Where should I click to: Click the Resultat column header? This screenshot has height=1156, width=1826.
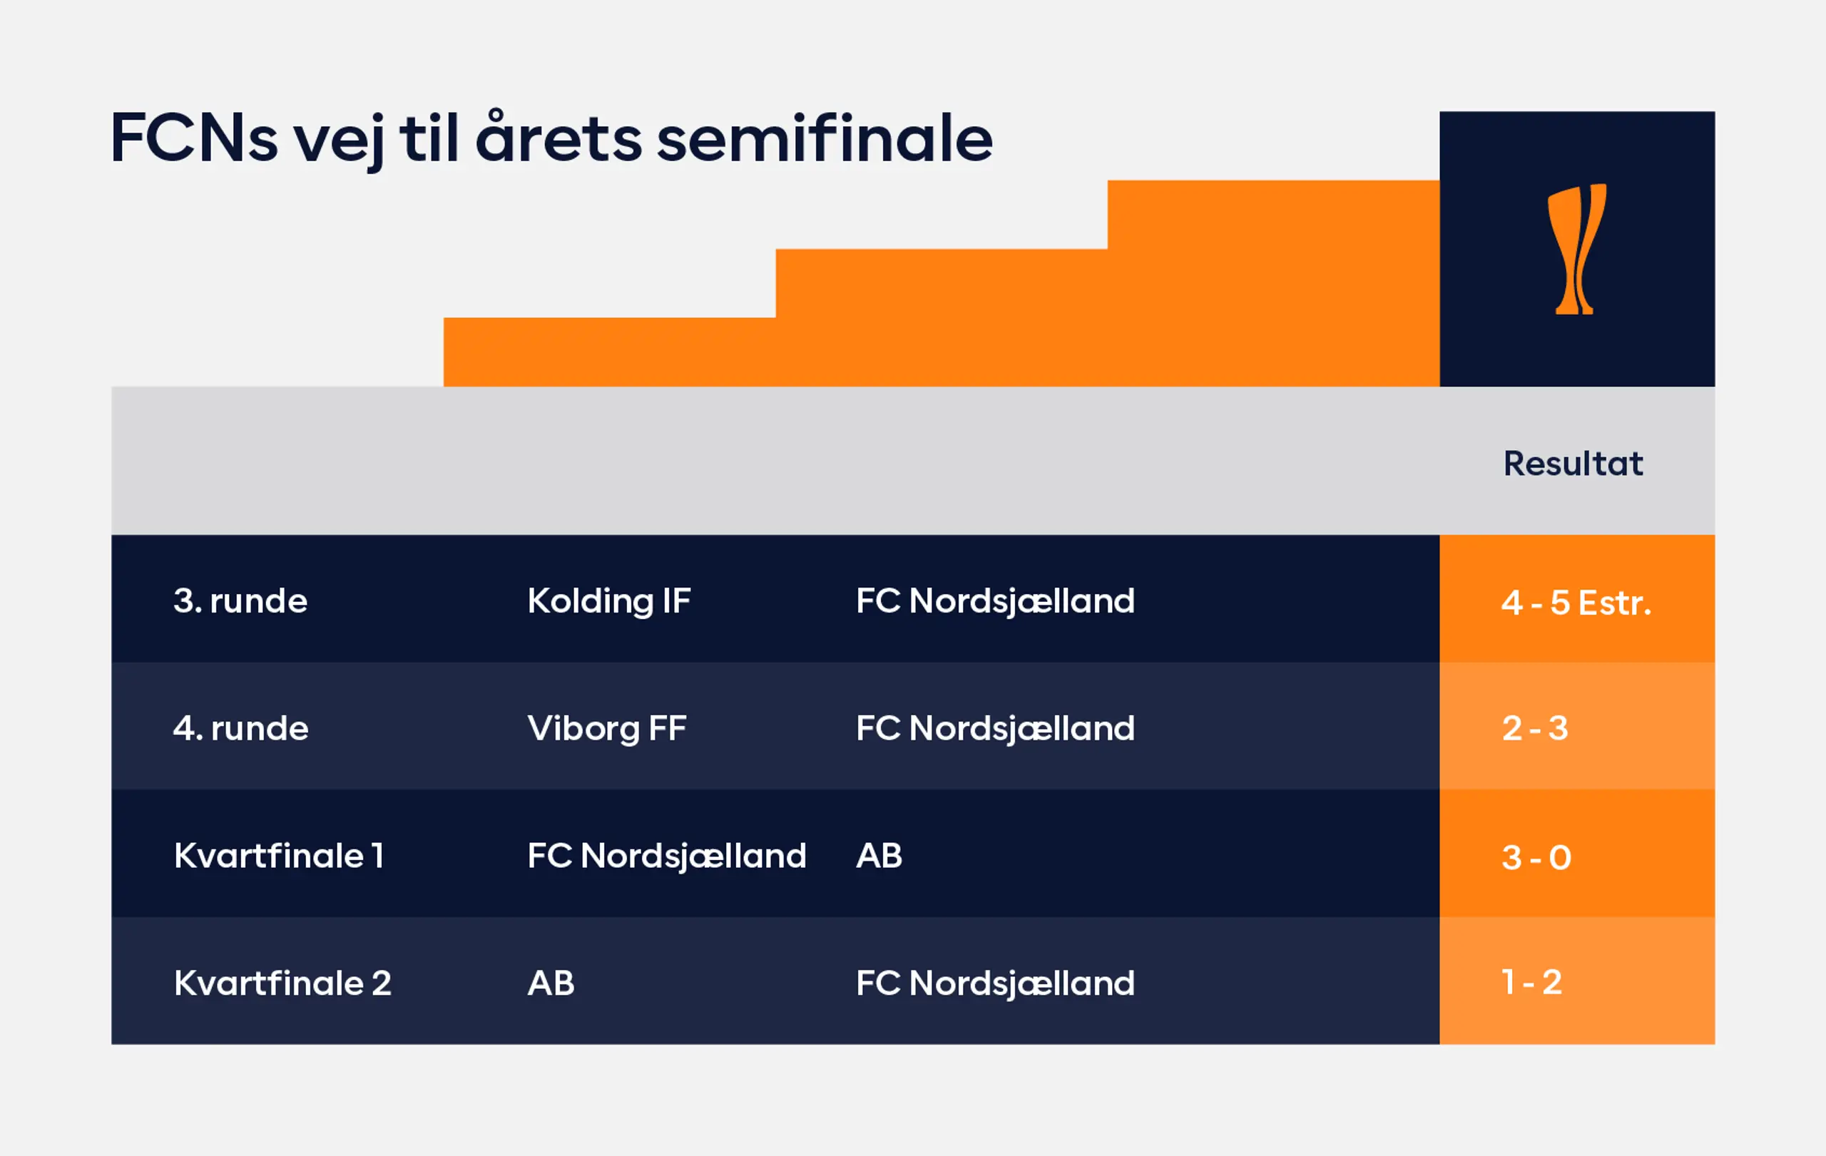[1573, 463]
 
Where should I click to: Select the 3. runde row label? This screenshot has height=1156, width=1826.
[240, 600]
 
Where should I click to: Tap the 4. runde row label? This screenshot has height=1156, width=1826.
[240, 727]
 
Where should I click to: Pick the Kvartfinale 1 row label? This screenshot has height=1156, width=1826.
[278, 855]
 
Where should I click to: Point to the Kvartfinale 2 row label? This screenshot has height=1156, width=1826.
[282, 983]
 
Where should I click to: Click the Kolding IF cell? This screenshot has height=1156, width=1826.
[609, 601]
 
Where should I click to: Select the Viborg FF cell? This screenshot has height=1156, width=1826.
[606, 728]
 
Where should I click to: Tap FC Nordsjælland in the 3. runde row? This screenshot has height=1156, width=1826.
[995, 601]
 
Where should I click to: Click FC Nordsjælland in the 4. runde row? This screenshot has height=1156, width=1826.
[995, 728]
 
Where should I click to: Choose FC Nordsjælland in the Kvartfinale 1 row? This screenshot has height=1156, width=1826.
[666, 856]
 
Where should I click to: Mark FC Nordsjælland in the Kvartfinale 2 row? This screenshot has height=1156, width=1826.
[995, 983]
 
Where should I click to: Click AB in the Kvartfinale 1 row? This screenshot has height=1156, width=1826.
[879, 855]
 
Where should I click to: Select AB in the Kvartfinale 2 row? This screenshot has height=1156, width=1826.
[551, 983]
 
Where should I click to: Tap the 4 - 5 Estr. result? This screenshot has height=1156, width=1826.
[1576, 603]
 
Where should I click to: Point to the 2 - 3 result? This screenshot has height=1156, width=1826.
[1535, 727]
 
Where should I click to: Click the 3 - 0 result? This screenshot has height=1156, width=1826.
[1536, 857]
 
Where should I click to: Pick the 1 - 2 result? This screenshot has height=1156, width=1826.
[1532, 982]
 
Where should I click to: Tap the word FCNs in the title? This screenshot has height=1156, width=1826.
[194, 137]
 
